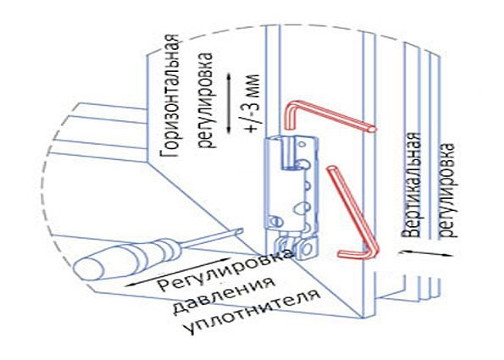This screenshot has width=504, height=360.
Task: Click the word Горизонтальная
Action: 170,96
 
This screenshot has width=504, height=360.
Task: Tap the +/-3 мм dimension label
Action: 252,103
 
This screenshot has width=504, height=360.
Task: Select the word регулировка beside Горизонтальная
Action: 206,100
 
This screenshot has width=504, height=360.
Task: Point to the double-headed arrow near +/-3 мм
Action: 229,103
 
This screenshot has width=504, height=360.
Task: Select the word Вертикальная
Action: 412,185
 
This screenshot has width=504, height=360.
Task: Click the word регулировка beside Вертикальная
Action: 447,190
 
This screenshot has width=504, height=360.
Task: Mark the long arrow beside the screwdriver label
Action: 177,272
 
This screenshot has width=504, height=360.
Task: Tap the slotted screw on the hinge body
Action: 274,221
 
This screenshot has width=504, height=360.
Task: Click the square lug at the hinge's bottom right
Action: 307,248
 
